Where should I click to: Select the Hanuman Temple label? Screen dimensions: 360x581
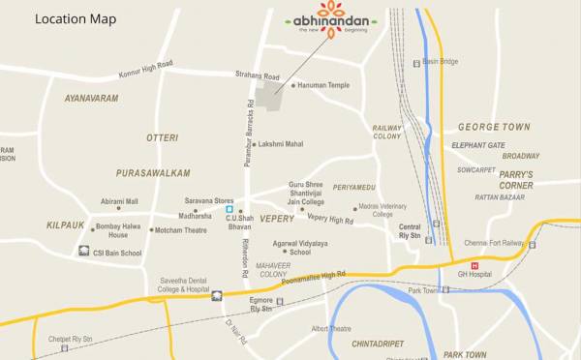(x=326, y=85)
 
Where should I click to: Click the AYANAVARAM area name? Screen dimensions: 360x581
(x=91, y=99)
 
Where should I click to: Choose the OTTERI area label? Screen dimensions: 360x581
(x=162, y=138)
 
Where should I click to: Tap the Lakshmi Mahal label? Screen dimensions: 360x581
(x=281, y=143)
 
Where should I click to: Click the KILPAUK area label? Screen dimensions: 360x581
(x=65, y=225)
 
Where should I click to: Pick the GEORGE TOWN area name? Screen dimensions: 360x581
(x=494, y=127)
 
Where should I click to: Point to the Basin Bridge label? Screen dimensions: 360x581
(x=441, y=62)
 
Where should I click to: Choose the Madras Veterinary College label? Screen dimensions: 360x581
(x=382, y=210)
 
